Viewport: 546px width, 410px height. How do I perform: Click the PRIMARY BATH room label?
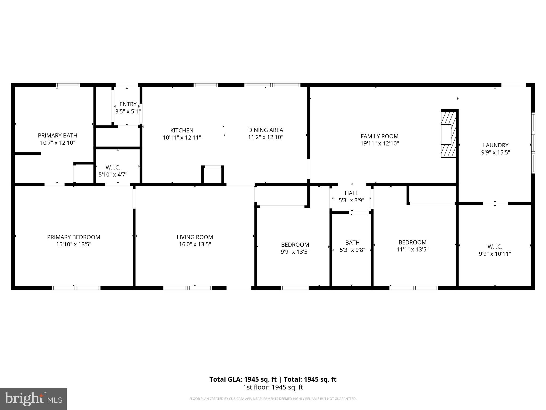(x=58, y=136)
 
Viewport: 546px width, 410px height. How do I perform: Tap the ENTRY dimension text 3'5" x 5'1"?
(x=128, y=112)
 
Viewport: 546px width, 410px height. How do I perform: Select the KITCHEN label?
(x=182, y=131)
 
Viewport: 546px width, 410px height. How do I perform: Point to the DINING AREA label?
(x=266, y=130)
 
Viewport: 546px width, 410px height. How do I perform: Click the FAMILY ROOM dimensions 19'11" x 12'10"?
(x=380, y=144)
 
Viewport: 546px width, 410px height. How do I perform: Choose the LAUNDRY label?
(x=496, y=145)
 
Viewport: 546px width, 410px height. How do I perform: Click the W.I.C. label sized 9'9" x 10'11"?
(x=495, y=247)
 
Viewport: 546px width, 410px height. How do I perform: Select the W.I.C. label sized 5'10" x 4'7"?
(x=113, y=168)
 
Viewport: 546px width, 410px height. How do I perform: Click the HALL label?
(x=351, y=193)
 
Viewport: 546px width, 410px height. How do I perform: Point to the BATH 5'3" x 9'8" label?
(x=352, y=243)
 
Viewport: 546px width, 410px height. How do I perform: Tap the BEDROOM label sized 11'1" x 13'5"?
(x=412, y=242)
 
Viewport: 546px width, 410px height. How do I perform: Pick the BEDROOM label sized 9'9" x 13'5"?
(x=295, y=245)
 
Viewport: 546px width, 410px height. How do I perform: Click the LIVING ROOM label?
(x=195, y=237)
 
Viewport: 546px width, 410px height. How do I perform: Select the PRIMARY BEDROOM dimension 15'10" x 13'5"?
(x=74, y=245)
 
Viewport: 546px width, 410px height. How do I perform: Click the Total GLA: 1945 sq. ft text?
(x=243, y=379)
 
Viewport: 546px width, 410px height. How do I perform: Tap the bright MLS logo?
(x=33, y=399)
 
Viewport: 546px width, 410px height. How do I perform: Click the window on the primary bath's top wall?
(x=68, y=85)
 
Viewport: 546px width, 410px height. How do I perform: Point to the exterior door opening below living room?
(x=239, y=288)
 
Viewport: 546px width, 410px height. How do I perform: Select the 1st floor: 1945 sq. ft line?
(x=273, y=387)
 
